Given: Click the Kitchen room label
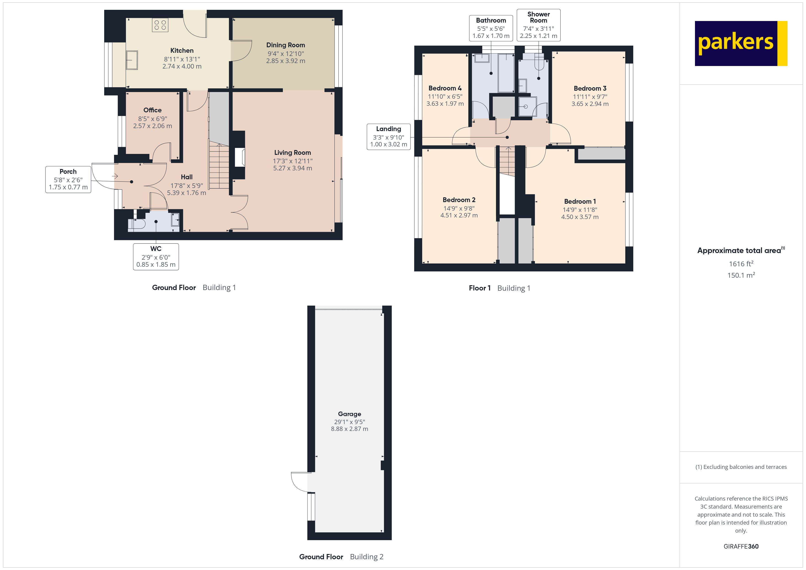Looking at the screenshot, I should click(182, 50).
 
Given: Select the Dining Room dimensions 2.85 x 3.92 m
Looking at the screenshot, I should click(285, 61).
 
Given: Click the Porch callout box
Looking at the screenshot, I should click(68, 179).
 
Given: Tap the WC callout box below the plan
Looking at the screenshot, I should click(156, 257).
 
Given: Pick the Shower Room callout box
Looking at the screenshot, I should click(538, 25).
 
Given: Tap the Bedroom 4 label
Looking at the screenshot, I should click(445, 88).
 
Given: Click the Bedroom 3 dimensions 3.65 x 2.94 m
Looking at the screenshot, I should click(590, 104).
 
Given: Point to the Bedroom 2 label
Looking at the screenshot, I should click(459, 200).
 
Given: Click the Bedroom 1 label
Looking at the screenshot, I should click(580, 201).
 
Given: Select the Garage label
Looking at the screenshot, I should click(349, 414).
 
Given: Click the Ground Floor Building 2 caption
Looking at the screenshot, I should click(341, 557).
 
